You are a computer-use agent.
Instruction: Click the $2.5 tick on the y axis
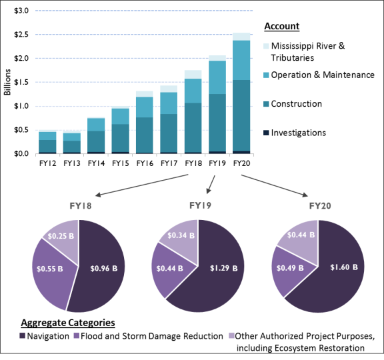21,35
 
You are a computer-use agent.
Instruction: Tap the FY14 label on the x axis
96,163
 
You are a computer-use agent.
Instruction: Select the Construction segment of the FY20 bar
242,115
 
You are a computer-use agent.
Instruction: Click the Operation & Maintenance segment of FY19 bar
217,77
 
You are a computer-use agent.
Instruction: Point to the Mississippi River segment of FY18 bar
193,75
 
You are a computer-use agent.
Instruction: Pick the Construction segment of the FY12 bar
47,146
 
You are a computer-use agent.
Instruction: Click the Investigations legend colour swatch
266,133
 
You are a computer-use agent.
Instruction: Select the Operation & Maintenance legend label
323,75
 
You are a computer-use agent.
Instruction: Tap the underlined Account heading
282,26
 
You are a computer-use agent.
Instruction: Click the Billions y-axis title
7,82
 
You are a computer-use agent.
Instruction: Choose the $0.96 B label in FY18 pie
104,269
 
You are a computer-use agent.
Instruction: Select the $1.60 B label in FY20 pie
344,267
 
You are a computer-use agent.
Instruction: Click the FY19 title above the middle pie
200,205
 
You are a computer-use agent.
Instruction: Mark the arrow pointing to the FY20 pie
275,185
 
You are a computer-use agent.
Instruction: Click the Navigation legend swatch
22,336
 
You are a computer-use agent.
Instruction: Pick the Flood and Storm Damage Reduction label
152,336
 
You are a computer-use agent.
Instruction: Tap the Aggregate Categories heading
68,323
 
